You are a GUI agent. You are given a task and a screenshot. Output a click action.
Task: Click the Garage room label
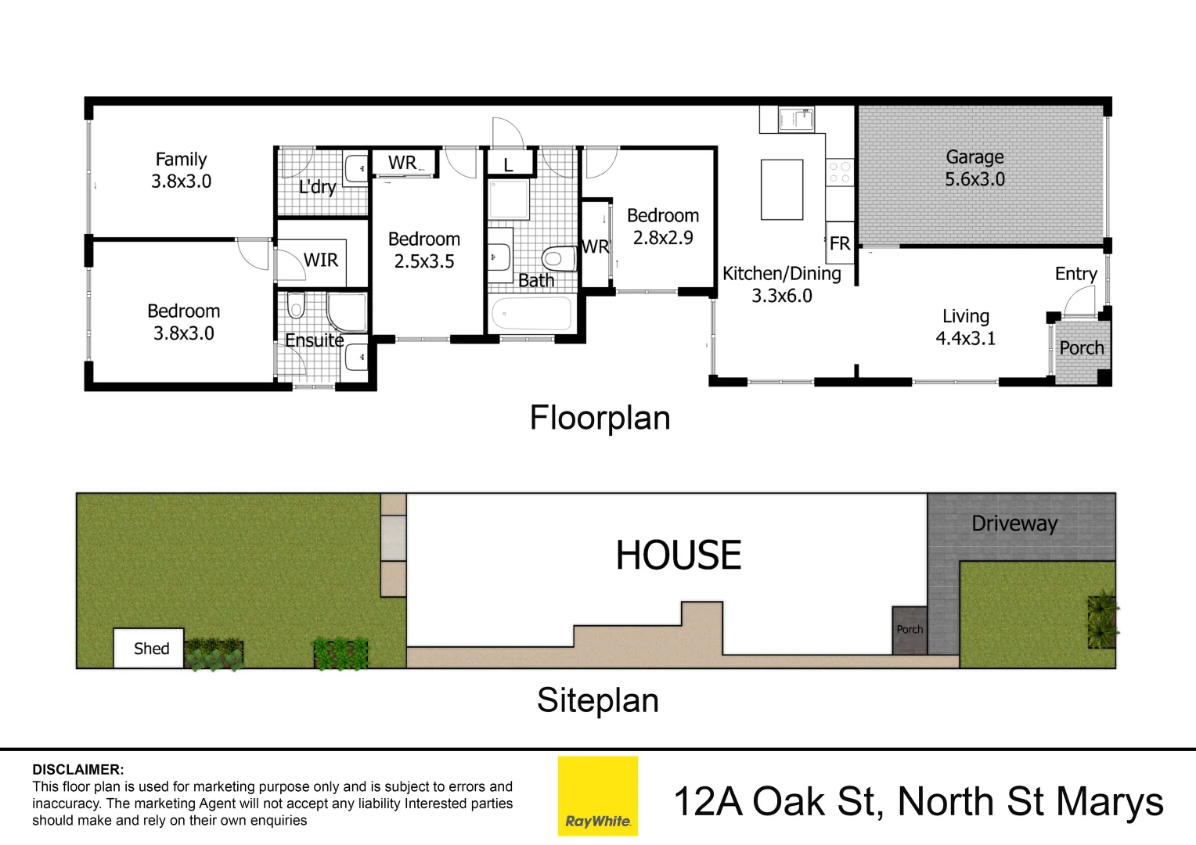coord(974,157)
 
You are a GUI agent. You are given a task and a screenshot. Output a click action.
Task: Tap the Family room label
coord(181,160)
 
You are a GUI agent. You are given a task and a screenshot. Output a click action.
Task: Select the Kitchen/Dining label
coord(781,274)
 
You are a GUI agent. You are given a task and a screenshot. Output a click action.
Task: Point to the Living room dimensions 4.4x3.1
coord(965,338)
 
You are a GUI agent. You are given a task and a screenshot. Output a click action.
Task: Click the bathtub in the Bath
coord(531,315)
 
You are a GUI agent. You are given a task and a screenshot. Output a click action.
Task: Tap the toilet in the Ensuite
coord(295,304)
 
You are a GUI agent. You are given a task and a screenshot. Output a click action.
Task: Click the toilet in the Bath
coord(557,257)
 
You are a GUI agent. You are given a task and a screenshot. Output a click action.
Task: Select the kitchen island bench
coord(782,189)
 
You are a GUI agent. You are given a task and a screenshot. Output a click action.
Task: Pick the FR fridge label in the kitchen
coord(839,243)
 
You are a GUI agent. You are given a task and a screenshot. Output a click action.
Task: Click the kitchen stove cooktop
coord(839,172)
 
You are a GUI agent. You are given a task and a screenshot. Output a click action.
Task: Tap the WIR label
coord(321,260)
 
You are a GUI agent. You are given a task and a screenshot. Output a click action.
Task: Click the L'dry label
coord(317,187)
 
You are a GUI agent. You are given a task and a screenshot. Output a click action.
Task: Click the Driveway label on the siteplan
coord(1014,523)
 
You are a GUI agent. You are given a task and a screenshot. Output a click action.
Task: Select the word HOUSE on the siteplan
coord(678,555)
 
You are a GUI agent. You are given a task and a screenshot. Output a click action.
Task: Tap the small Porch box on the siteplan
coord(910,630)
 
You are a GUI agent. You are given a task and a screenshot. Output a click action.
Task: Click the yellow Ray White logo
coord(597,796)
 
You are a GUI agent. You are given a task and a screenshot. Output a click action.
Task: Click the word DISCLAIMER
coord(77,770)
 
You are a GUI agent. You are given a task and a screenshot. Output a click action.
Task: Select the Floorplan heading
coord(600,418)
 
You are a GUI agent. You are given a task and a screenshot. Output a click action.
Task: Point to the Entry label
coord(1075,274)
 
